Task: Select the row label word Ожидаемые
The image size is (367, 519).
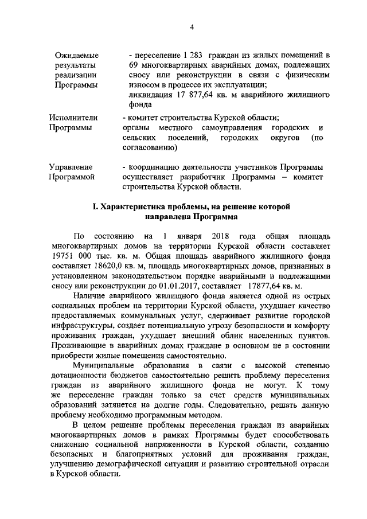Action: click(x=76, y=56)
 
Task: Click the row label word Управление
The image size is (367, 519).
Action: click(x=73, y=166)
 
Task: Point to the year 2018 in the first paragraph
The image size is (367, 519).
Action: click(x=220, y=236)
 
